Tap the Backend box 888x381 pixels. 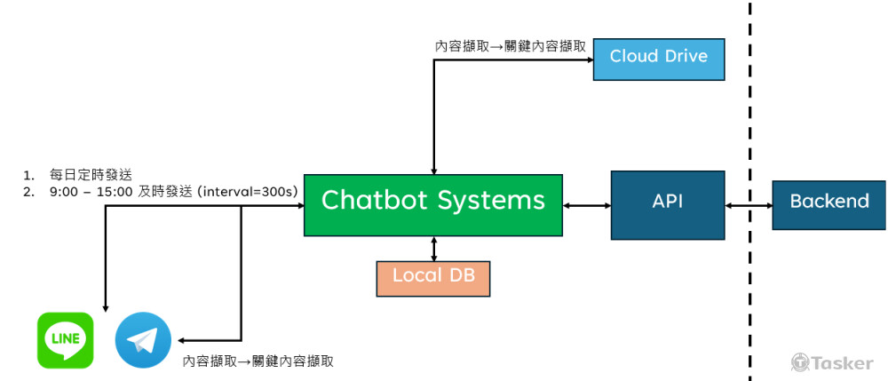[829, 201]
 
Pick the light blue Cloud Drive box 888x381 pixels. [658, 56]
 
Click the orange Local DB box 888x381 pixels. [433, 276]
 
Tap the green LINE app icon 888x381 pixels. [65, 339]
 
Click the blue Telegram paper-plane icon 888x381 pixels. [143, 339]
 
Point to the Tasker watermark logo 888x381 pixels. [831, 361]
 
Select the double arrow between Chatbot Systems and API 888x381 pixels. [587, 205]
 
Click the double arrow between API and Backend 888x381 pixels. [749, 205]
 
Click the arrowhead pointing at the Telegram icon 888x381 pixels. [181, 339]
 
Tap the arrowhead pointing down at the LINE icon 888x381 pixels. [106, 306]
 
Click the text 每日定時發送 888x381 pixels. [91, 174]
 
